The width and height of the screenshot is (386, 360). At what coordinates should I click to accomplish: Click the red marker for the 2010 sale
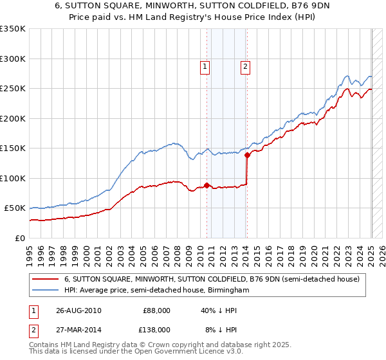point(207,185)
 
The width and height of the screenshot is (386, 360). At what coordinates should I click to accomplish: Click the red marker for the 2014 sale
point(247,156)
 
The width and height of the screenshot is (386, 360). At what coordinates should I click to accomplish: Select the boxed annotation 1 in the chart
point(205,65)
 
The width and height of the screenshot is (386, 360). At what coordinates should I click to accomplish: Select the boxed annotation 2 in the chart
point(246,65)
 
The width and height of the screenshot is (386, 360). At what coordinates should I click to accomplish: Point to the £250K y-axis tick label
point(14,88)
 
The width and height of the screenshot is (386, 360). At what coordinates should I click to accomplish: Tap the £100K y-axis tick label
point(14,178)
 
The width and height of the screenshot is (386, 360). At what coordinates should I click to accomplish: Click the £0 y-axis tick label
point(21,238)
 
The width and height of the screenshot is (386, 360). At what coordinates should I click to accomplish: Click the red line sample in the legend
point(45,279)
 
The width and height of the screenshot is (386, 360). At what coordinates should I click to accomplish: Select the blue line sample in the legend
point(45,291)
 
